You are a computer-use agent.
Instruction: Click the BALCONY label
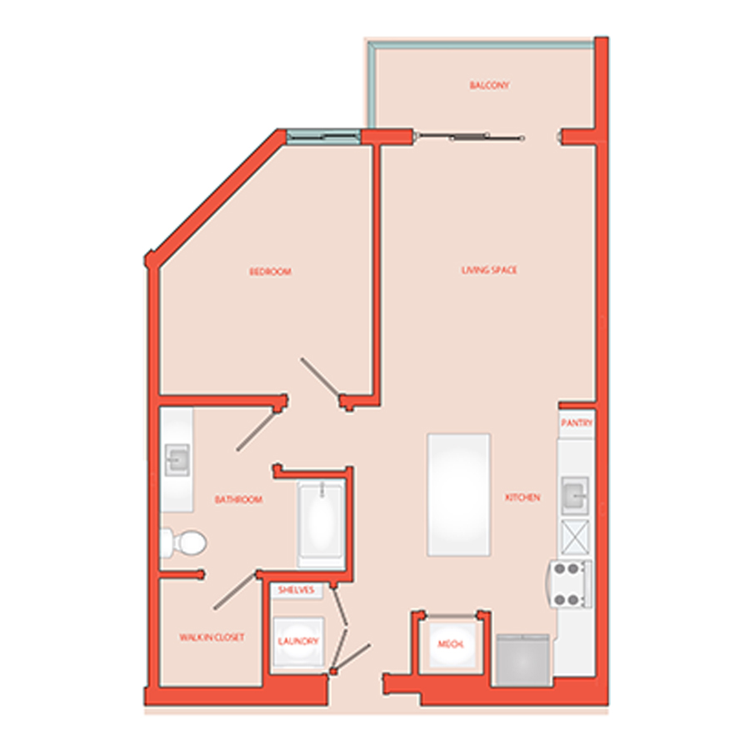[x=489, y=85]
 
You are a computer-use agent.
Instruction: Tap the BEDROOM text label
[x=270, y=272]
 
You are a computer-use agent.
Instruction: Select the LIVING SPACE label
[x=489, y=270]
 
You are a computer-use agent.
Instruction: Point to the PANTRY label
[x=577, y=422]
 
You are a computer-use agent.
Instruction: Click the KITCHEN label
[x=522, y=497]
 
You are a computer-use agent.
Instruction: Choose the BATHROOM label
[x=238, y=499]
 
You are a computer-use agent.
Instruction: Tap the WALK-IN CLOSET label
[x=212, y=637]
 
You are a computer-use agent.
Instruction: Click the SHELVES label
[x=296, y=590]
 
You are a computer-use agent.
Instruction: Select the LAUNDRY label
[x=298, y=641]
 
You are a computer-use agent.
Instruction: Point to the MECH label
[x=451, y=644]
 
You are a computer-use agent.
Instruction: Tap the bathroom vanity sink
[x=177, y=460]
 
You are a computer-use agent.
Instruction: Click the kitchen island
[x=458, y=494]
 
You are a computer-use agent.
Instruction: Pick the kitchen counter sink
[x=574, y=495]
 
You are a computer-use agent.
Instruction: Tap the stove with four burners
[x=570, y=584]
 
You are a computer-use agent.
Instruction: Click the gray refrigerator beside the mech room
[x=522, y=660]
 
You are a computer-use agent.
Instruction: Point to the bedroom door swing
[x=321, y=378]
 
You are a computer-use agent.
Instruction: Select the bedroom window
[x=323, y=137]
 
